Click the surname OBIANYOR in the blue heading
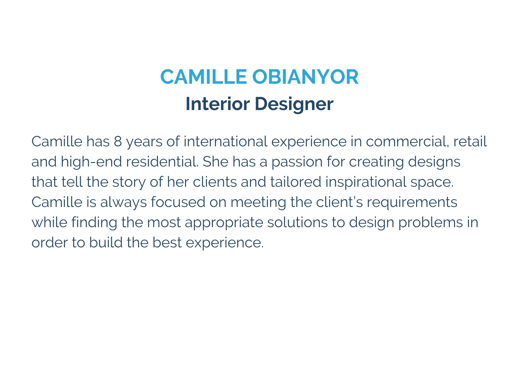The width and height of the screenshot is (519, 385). (305, 77)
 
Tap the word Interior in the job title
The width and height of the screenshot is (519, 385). (218, 104)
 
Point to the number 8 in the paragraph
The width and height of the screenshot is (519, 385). (118, 141)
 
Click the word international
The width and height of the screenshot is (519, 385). (225, 141)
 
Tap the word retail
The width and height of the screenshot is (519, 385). (470, 141)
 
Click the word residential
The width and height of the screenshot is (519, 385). (162, 162)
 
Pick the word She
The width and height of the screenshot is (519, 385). (215, 162)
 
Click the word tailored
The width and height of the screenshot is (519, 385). (296, 182)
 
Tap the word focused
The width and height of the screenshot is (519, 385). (178, 202)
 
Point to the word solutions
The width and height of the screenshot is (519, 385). (297, 222)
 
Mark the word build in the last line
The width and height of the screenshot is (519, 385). (106, 242)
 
